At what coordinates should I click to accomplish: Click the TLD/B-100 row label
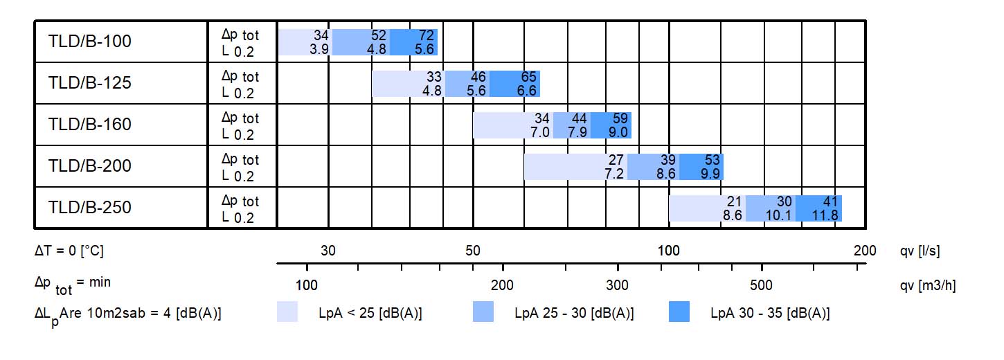click(89, 42)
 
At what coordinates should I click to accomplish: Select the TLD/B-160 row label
click(89, 125)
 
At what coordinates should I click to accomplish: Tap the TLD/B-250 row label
click(89, 208)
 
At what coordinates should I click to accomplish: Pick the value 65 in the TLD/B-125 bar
click(528, 77)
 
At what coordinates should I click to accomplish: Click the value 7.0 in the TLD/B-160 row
click(540, 132)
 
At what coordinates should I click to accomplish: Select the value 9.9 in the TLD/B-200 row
click(710, 174)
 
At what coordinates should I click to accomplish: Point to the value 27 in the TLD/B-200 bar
click(616, 160)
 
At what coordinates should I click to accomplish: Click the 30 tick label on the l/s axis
click(328, 251)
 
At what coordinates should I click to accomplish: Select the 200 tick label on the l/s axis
click(865, 251)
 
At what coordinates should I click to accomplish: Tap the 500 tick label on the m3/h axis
click(761, 285)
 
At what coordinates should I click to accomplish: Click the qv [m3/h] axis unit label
click(928, 285)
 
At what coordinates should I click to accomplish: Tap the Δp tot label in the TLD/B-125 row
click(240, 76)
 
